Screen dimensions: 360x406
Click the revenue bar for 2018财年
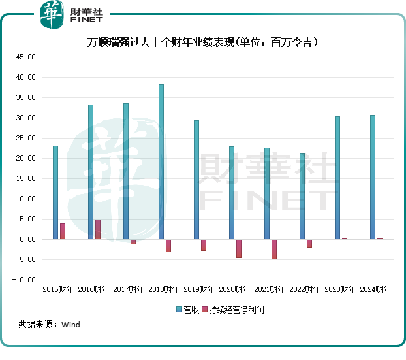(161, 162)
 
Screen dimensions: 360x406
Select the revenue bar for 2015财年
(55, 193)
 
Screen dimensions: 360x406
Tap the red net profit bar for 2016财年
(98, 229)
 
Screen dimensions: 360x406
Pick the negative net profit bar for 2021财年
(274, 249)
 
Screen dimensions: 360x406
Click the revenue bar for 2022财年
(302, 196)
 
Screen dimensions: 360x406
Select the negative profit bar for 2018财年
(168, 246)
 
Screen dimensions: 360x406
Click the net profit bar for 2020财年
(239, 248)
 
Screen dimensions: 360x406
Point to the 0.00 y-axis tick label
(27, 239)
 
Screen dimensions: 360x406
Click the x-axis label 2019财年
(199, 289)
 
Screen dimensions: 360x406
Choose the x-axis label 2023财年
(340, 289)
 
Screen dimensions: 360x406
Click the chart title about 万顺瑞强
(203, 42)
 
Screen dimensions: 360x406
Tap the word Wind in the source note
(70, 324)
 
